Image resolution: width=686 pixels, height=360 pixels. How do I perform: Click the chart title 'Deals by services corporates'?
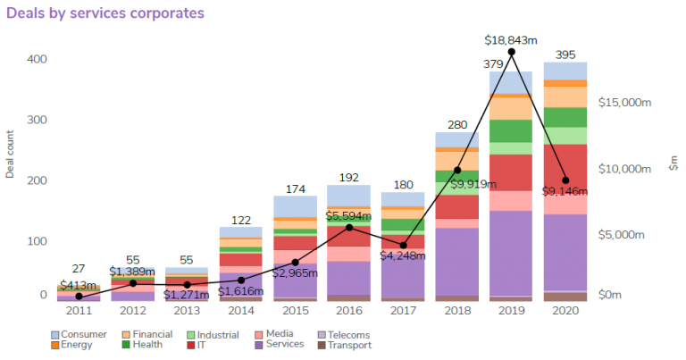pyautogui.click(x=105, y=13)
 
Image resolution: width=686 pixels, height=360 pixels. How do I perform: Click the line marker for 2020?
pyautogui.click(x=565, y=180)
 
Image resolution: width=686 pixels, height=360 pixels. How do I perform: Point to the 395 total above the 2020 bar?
pyautogui.click(x=565, y=54)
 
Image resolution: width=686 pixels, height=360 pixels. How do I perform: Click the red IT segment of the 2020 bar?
pyautogui.click(x=565, y=168)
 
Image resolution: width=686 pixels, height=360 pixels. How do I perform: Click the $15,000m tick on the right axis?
pyautogui.click(x=624, y=103)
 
